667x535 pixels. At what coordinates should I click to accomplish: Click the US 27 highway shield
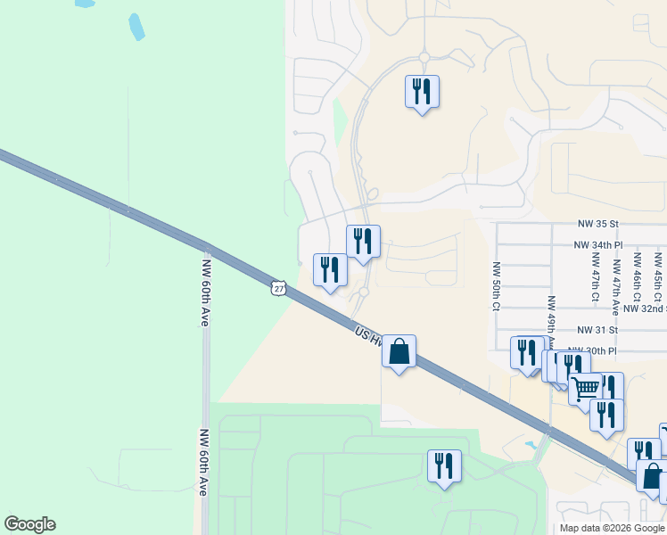tap(279, 288)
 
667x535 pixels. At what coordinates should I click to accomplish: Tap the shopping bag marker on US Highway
tap(399, 351)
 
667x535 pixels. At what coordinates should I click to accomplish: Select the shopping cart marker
tap(585, 389)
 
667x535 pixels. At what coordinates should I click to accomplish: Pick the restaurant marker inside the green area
tap(444, 465)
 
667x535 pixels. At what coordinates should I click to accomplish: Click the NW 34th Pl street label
tap(597, 244)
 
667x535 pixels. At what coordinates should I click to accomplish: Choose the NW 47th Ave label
tap(615, 287)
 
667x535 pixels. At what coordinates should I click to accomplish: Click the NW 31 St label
tap(597, 330)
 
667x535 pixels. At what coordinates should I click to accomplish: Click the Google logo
tap(29, 524)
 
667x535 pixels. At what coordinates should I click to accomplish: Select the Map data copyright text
tap(612, 528)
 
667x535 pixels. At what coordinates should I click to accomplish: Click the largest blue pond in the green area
tap(136, 27)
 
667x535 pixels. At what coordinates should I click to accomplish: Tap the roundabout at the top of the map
tap(424, 57)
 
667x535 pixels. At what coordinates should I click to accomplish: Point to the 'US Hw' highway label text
tap(366, 334)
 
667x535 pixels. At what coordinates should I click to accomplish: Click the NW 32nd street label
tap(644, 309)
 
